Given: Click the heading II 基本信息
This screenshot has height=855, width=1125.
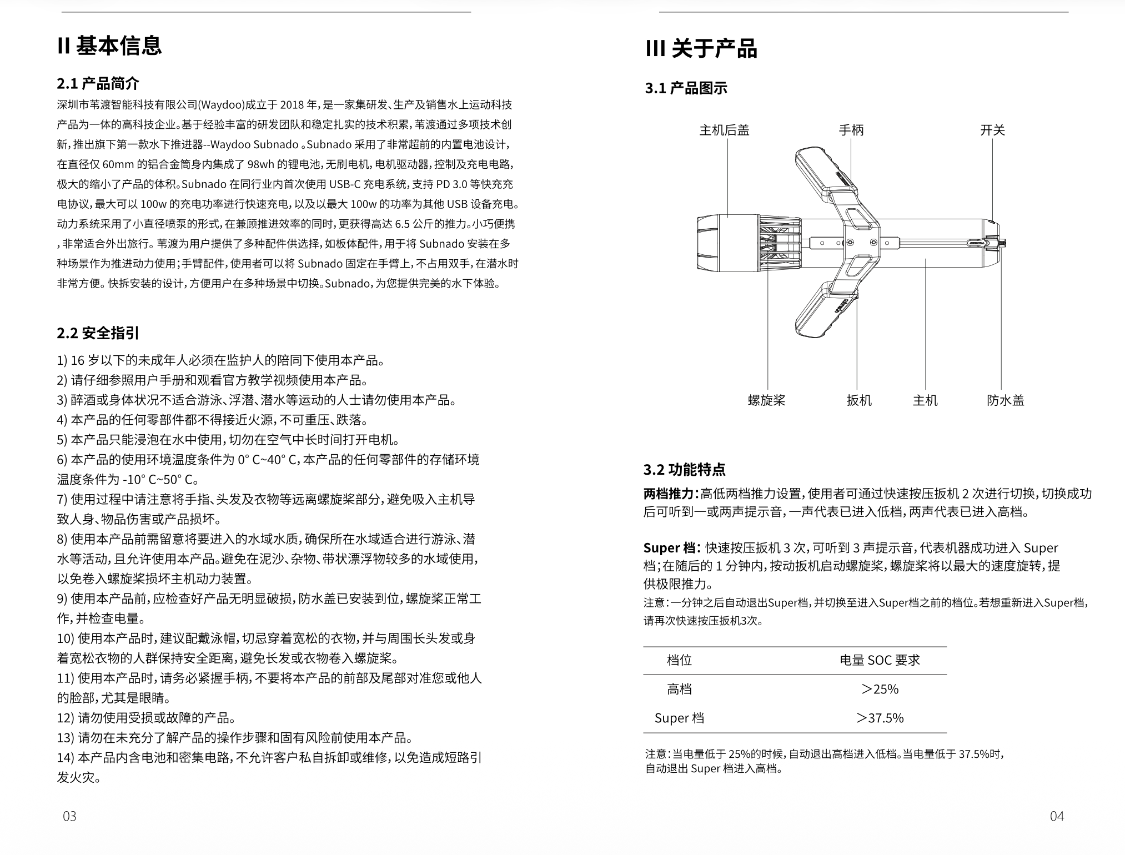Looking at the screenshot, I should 109,46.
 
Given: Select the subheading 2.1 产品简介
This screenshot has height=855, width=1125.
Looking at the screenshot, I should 98,84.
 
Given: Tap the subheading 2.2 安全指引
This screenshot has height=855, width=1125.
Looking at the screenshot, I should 98,333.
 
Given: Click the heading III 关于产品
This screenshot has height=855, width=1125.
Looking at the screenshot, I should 701,49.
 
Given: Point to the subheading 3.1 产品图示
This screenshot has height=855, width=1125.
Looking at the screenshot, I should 686,88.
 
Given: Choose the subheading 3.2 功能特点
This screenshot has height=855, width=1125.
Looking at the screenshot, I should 684,470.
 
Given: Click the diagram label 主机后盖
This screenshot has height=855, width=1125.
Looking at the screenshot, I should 724,130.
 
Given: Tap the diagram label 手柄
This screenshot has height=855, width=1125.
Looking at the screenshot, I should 851,130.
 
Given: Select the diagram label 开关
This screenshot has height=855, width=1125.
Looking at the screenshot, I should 992,130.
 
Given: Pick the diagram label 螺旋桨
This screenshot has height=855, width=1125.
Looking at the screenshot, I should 766,400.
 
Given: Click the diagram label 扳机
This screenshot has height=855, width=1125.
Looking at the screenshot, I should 859,400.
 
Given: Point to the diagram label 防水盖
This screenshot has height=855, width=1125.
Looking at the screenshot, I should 1006,400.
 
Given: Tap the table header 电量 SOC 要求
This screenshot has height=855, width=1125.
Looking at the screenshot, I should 880,660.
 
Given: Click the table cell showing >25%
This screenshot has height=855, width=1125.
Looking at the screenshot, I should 880,689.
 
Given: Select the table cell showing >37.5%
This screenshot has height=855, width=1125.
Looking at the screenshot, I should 880,718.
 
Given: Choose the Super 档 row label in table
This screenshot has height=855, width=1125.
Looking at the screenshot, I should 679,718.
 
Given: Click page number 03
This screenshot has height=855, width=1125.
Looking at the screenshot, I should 69,816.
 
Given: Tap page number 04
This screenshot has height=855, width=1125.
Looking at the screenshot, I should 1057,816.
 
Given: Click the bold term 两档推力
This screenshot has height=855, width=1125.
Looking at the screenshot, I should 669,494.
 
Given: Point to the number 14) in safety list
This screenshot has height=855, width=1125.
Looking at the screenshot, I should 66,758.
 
